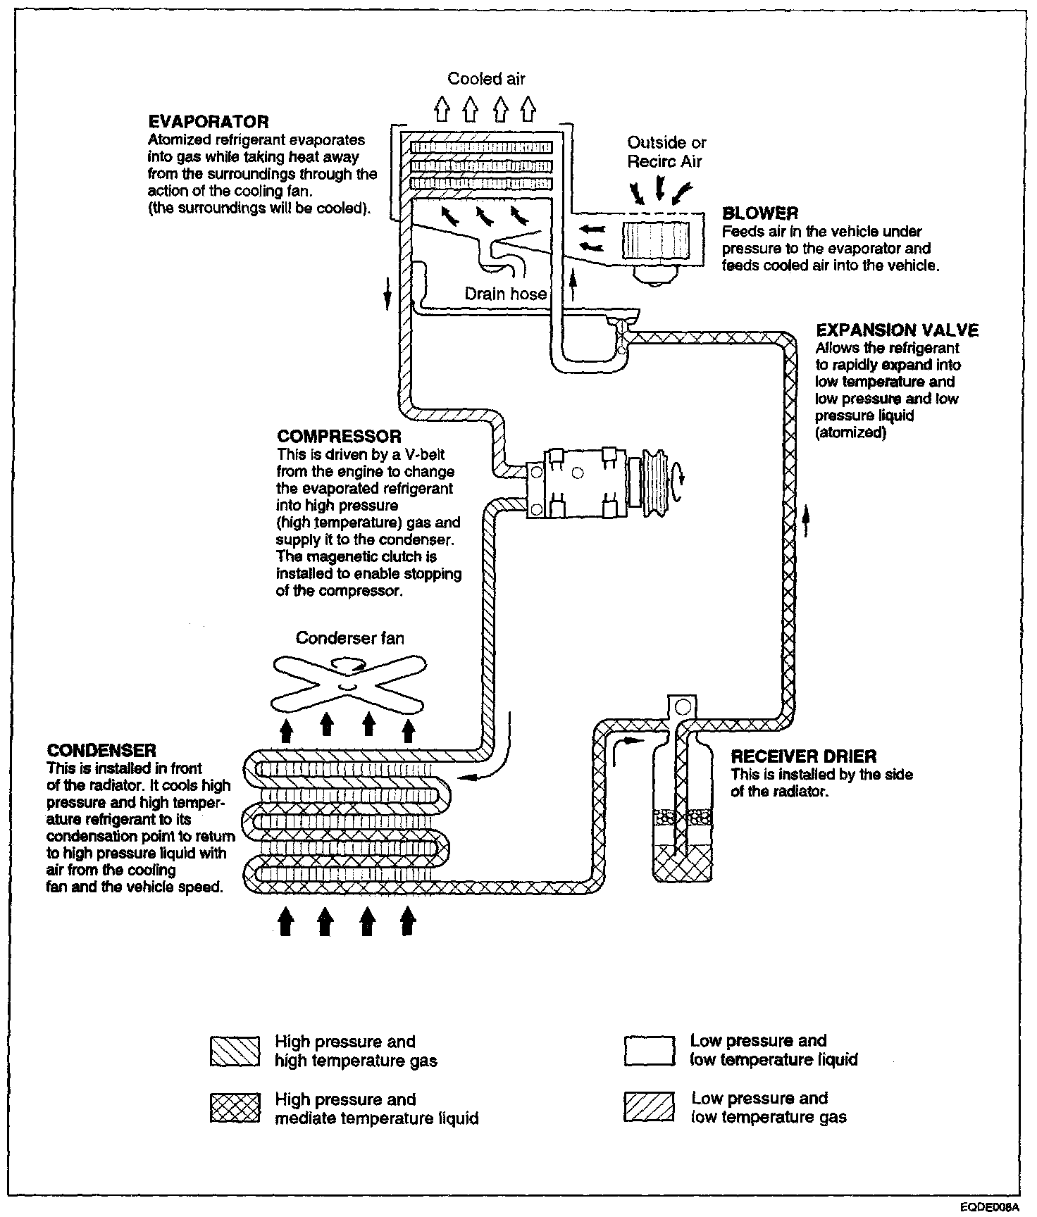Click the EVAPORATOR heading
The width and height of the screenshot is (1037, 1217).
point(209,122)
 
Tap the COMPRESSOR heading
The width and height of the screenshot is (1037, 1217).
point(339,437)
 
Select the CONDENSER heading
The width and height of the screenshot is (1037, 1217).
point(101,750)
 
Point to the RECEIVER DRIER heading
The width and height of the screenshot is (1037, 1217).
point(804,757)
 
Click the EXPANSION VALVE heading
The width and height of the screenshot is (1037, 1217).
point(897,330)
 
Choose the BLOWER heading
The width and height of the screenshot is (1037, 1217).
point(760,213)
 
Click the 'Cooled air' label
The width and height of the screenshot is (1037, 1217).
point(486,79)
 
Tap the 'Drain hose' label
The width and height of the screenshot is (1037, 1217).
point(505,293)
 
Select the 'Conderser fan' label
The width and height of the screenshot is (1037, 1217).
point(349,638)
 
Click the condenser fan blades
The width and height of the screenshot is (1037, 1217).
point(348,684)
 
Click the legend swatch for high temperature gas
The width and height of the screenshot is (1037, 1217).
point(235,1051)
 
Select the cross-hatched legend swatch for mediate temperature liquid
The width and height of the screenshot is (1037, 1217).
point(235,1109)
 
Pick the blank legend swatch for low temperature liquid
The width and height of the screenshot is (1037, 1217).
point(649,1050)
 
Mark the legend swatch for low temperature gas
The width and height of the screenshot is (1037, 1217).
point(649,1107)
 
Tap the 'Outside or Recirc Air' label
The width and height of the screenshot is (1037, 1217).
point(666,152)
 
